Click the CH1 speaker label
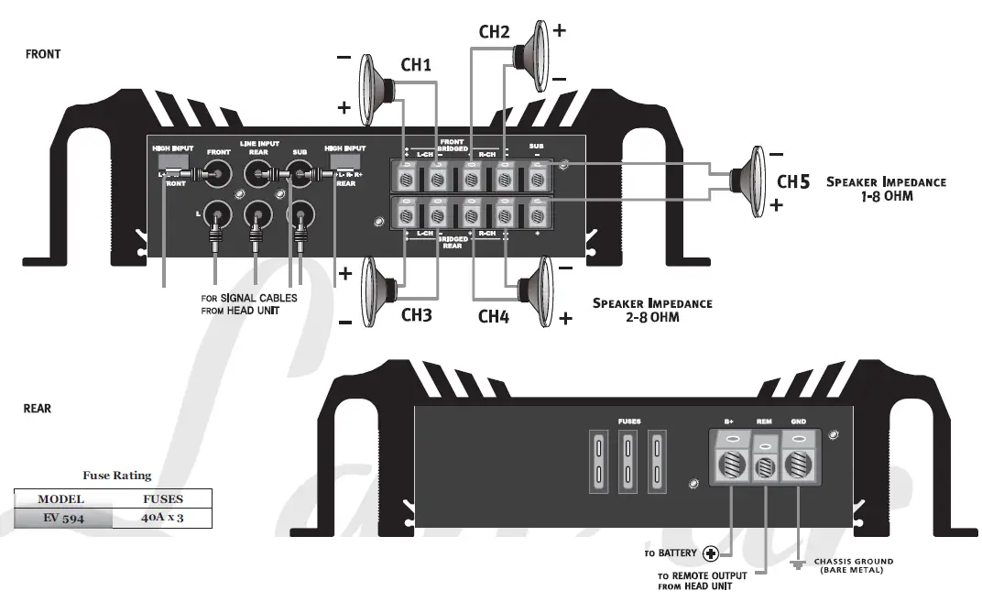(x=416, y=65)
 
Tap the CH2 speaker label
(x=494, y=31)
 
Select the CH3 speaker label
(x=416, y=316)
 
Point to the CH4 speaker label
(x=494, y=316)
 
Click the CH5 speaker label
(x=793, y=181)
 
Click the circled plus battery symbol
(x=711, y=553)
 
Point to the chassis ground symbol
(x=797, y=565)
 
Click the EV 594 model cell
(x=63, y=518)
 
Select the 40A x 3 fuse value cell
(x=162, y=518)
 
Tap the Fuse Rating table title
(x=117, y=476)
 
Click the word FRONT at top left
(x=43, y=54)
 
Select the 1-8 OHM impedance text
(x=886, y=196)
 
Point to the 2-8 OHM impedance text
(x=652, y=317)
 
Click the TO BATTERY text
(x=671, y=553)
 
